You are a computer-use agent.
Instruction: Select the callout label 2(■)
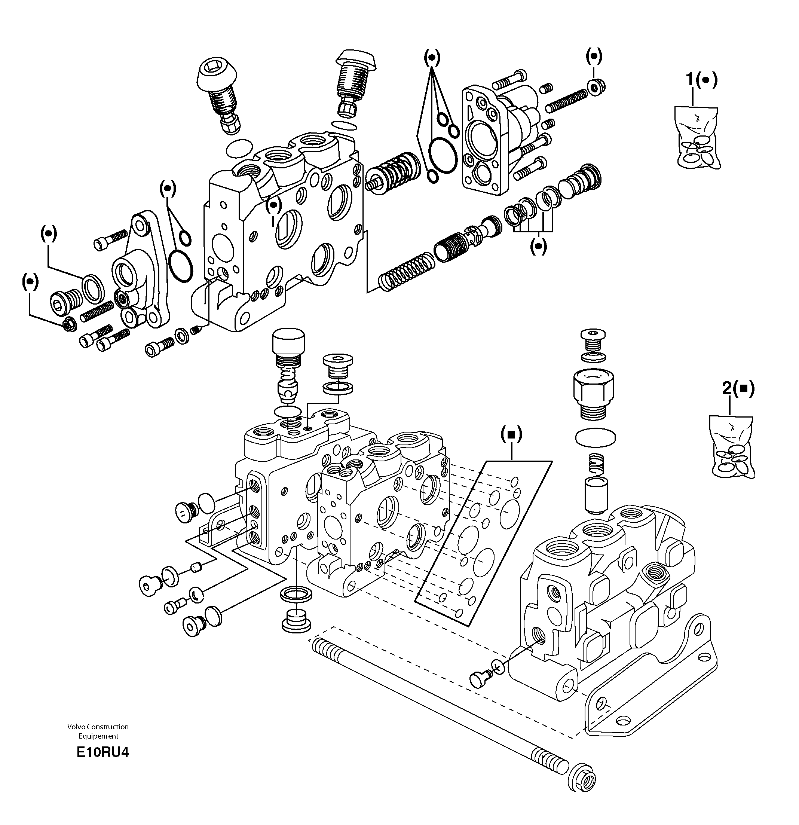point(738,388)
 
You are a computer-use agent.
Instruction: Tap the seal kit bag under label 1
point(698,138)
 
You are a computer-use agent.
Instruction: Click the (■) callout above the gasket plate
point(511,434)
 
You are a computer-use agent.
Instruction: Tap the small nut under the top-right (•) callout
point(597,87)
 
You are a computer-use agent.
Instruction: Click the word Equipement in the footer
point(98,736)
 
